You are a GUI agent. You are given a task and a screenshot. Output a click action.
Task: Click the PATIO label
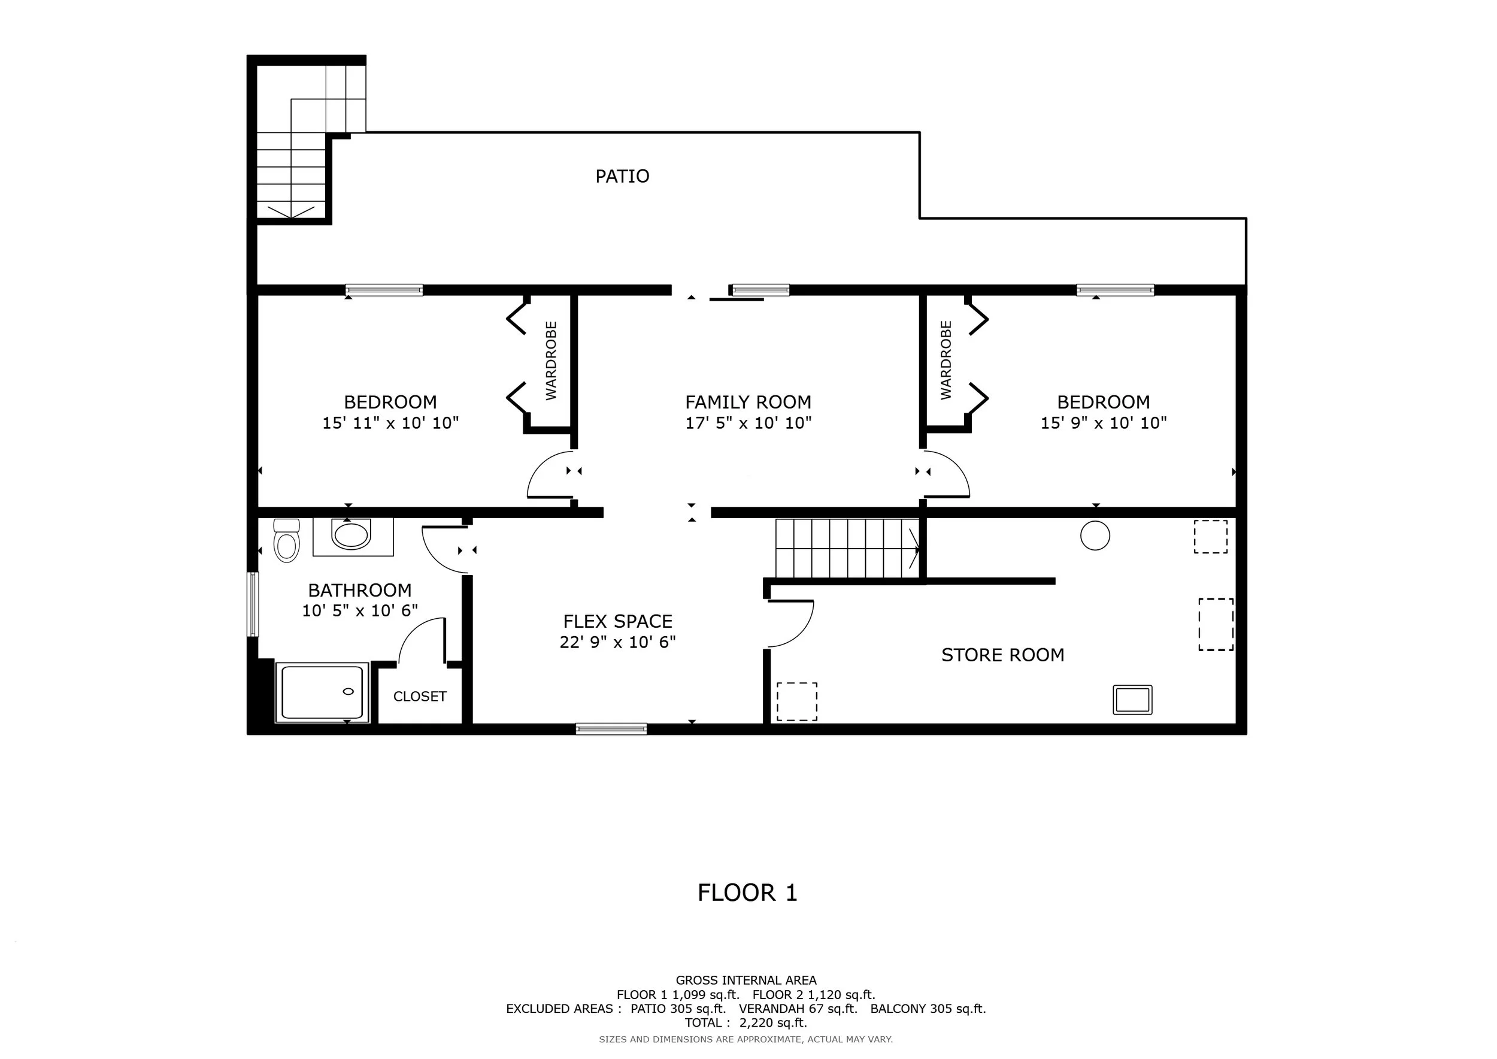(x=622, y=176)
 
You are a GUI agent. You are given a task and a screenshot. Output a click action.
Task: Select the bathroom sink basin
(x=351, y=534)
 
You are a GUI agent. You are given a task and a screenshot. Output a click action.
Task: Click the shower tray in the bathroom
(x=322, y=692)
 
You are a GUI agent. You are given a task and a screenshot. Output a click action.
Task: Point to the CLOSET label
(x=420, y=697)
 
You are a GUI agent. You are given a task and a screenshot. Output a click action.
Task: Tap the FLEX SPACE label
(x=617, y=622)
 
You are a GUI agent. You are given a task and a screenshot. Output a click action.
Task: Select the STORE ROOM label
(x=1003, y=655)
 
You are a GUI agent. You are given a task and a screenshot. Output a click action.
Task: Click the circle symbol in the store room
(x=1095, y=536)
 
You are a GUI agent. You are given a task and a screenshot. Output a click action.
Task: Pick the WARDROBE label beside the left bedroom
(x=551, y=361)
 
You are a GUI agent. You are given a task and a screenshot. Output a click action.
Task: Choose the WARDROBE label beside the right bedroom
(x=946, y=361)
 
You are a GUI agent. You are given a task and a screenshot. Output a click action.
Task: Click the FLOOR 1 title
(x=748, y=892)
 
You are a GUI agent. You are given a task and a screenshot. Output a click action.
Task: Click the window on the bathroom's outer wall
(x=252, y=604)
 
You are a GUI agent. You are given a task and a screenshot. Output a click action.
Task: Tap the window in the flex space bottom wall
(x=611, y=729)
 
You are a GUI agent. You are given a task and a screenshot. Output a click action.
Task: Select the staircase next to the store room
(x=848, y=549)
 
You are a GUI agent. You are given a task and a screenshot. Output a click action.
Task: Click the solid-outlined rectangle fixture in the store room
(x=1132, y=700)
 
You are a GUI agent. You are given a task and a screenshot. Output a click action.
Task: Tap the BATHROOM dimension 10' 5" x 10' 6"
(x=360, y=611)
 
